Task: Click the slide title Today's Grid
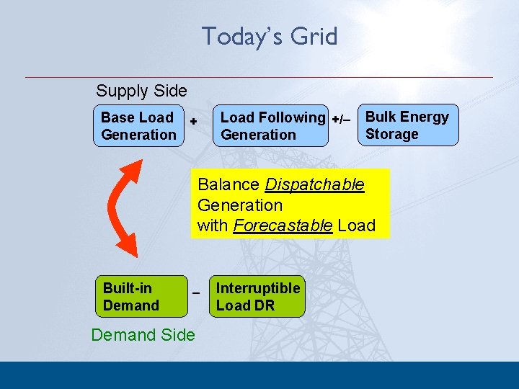(269, 36)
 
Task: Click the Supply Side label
(141, 91)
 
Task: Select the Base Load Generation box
(138, 126)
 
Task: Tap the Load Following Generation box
(271, 126)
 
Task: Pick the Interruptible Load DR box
(257, 297)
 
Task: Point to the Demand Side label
(143, 335)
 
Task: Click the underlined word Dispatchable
(314, 184)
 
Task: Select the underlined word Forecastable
(283, 225)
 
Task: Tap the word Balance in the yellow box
(229, 184)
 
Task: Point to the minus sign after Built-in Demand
(195, 293)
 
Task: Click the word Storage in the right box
(391, 134)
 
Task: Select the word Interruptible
(257, 288)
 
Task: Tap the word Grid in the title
(314, 36)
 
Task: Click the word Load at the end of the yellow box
(356, 225)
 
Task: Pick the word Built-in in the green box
(128, 288)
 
